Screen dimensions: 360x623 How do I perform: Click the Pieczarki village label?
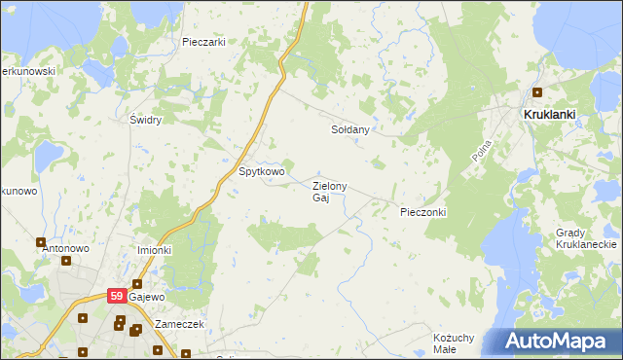click(203, 42)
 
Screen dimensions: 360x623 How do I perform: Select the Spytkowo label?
click(262, 171)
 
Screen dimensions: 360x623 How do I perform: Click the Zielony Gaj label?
click(328, 192)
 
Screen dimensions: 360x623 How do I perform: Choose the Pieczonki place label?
click(422, 211)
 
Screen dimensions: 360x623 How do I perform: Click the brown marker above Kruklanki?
click(536, 93)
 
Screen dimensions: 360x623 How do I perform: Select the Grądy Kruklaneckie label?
click(581, 238)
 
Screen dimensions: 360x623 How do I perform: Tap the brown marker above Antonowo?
click(41, 242)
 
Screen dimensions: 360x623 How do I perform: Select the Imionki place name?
click(154, 249)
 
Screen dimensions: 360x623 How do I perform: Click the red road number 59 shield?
click(116, 295)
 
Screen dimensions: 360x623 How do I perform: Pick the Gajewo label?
click(147, 296)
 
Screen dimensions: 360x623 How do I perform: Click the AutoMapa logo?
click(556, 342)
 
